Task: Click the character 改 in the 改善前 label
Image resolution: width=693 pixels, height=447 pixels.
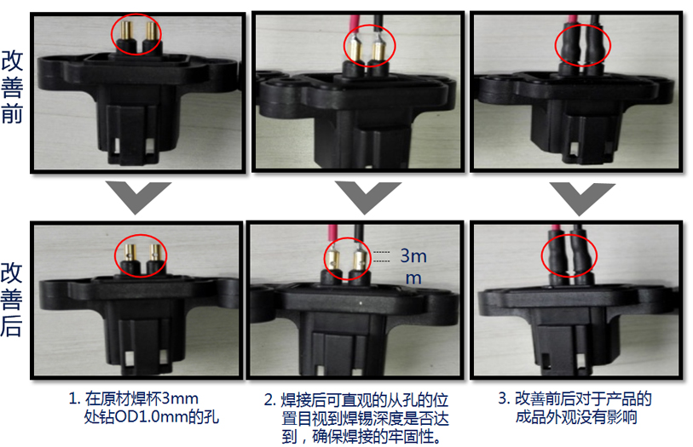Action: [x=12, y=60]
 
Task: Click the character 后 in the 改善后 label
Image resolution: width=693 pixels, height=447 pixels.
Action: [x=11, y=325]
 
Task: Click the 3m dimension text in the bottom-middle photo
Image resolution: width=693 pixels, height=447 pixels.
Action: [x=413, y=256]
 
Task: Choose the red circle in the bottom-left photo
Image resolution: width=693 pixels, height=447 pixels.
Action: [x=141, y=235]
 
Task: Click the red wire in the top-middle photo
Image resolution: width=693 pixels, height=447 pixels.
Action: [x=355, y=26]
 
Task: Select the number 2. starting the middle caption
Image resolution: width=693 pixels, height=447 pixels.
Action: [x=270, y=400]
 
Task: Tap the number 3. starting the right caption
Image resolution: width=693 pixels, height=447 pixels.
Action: [x=505, y=398]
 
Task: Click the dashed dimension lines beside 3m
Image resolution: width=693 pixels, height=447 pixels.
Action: [x=381, y=257]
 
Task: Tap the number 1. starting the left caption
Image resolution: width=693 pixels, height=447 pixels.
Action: [x=74, y=399]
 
